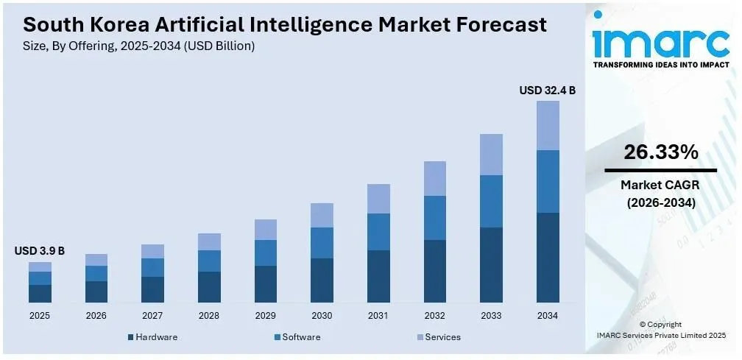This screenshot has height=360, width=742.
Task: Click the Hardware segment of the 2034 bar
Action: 548,258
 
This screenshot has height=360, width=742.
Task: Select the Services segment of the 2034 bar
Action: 548,125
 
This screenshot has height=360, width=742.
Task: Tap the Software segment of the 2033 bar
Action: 491,201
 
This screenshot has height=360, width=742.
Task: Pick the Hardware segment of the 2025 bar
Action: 40,294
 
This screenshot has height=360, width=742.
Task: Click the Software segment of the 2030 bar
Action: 322,243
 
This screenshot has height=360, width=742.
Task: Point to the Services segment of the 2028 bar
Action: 209,241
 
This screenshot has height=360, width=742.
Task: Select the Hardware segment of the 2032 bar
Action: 434,271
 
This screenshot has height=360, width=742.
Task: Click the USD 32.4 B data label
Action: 547,91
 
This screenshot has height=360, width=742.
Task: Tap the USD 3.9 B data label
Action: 40,251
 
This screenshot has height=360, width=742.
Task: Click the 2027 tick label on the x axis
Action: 152,315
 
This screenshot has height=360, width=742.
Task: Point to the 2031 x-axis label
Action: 378,315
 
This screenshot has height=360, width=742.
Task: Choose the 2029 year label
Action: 265,315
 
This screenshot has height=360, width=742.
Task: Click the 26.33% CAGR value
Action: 660,152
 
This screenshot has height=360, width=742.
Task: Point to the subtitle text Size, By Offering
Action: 74,46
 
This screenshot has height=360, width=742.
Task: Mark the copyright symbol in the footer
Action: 643,324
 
